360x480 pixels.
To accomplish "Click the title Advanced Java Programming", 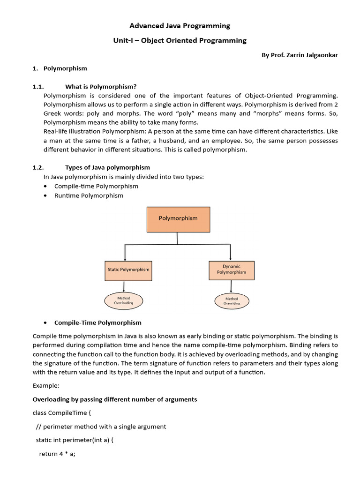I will tap(180, 26).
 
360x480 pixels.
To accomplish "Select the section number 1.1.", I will tap(38, 86).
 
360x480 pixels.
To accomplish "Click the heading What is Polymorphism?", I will tap(101, 86).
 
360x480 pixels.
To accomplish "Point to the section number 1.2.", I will tap(38, 167).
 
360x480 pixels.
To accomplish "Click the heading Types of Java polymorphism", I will tap(107, 167).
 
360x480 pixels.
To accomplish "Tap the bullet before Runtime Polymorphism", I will tap(45, 195).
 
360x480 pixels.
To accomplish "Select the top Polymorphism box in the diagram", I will tap(178, 218).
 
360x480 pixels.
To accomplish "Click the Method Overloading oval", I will tap(124, 300).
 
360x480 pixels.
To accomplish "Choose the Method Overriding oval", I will tap(232, 301).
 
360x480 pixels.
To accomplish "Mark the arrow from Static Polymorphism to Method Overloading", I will tap(124, 286).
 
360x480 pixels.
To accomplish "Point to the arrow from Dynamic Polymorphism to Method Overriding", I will tap(231, 286).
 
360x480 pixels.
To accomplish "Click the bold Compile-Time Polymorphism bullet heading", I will tap(97, 322).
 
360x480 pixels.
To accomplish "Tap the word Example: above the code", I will tap(46, 386).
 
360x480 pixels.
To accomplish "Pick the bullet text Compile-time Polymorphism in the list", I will tap(96, 186).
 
